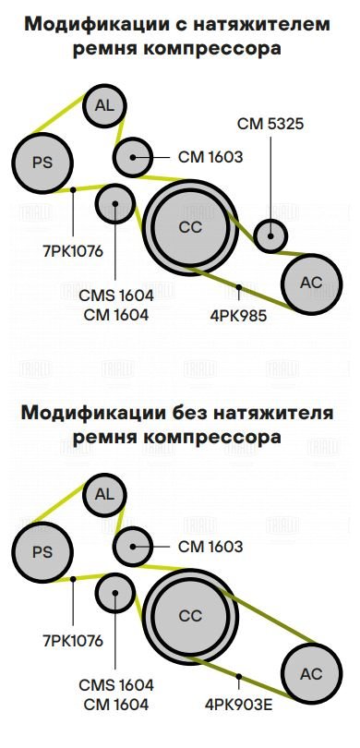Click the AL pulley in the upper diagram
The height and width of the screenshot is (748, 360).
104,106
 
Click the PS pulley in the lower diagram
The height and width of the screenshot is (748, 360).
42,552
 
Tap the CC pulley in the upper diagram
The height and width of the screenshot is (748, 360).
190,227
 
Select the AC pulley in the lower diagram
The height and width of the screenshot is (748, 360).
311,673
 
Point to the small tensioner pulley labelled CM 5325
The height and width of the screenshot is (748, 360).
270,235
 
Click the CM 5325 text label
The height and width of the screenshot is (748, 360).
270,124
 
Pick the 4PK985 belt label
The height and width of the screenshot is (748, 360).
238,315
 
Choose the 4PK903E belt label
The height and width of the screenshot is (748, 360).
238,704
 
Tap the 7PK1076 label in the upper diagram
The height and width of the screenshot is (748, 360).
73,251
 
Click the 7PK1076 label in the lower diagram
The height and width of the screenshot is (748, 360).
73,641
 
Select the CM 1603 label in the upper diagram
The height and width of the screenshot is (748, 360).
210,156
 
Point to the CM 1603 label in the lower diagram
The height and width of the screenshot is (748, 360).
210,546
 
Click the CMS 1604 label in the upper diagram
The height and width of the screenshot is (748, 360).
116,296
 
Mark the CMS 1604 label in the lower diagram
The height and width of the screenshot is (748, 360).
116,685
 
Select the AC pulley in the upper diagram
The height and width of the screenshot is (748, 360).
311,284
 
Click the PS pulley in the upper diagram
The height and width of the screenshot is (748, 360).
42,163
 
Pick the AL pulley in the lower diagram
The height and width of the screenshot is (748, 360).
104,495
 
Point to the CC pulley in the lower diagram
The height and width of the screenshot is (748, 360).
190,616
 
